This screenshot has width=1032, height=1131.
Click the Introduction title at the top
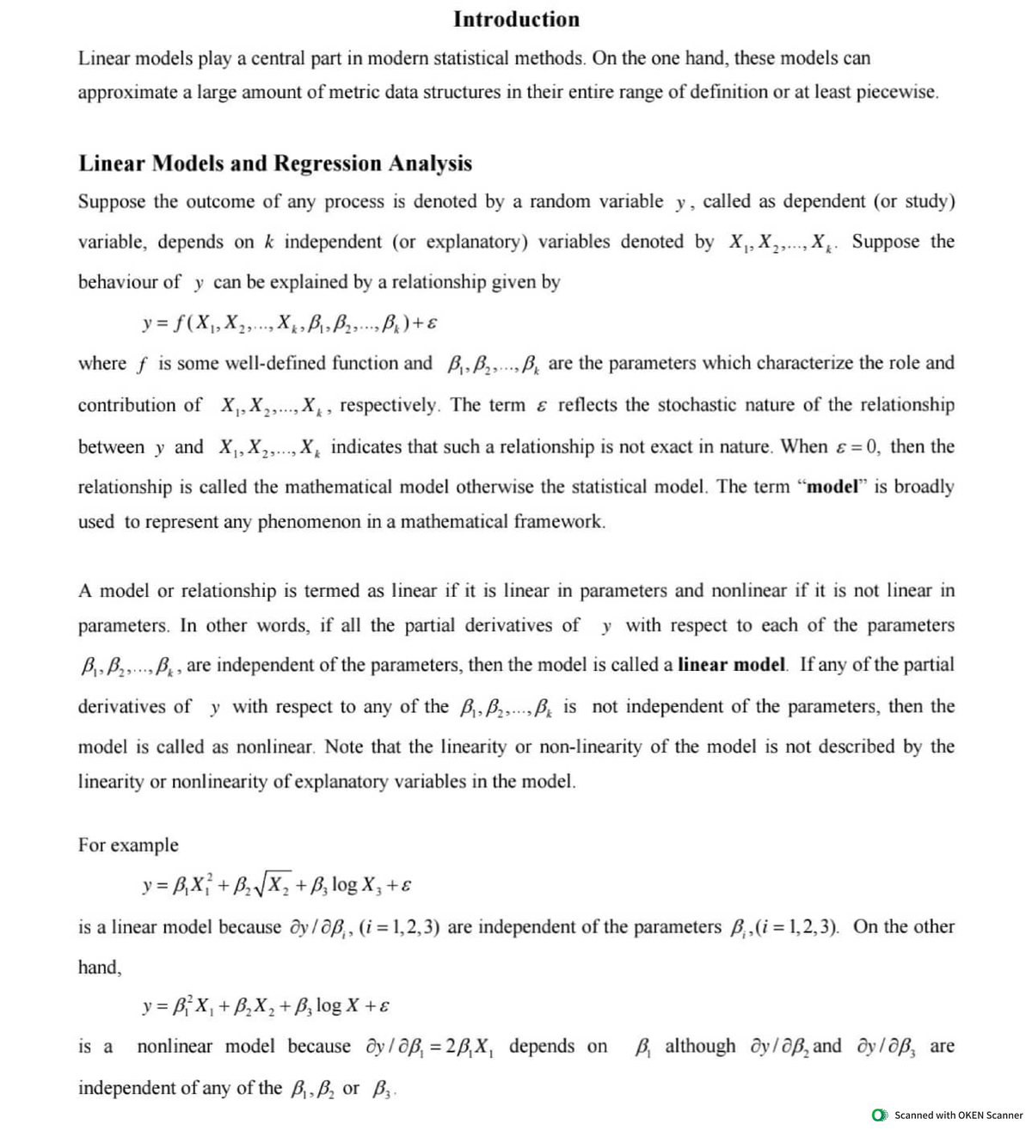click(x=516, y=19)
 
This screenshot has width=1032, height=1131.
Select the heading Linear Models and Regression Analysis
click(x=275, y=163)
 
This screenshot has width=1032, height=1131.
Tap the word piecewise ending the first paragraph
click(x=897, y=92)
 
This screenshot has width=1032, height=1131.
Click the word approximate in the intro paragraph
click(x=127, y=92)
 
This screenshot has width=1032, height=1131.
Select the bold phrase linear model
click(x=732, y=665)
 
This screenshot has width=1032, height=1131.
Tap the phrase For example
click(x=128, y=845)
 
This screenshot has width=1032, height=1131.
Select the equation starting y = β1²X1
click(x=268, y=1005)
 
